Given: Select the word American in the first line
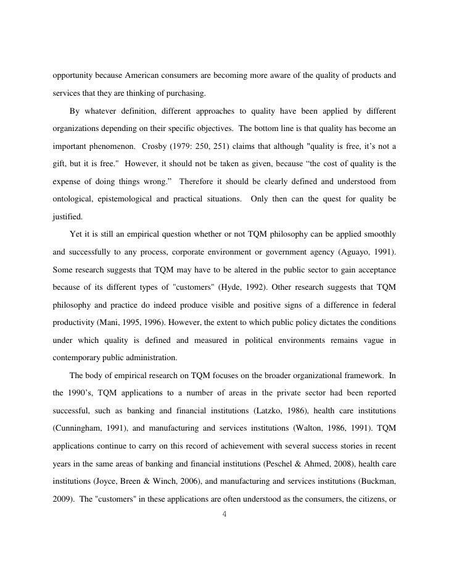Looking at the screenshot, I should [148, 76].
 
